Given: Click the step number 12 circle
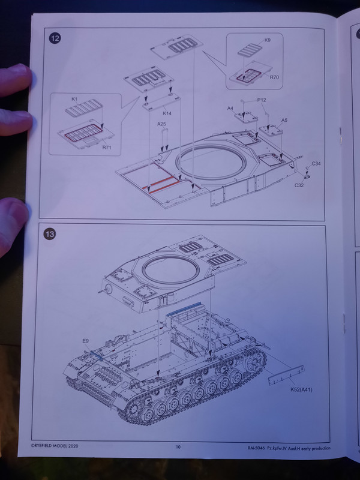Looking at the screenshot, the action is (55, 38).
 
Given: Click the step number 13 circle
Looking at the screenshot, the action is (50, 234).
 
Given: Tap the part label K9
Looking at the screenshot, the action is (267, 40).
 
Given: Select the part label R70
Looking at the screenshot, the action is (274, 77).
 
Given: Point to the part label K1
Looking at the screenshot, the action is (74, 99).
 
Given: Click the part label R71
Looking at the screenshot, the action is (107, 148).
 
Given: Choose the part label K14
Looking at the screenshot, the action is (167, 113).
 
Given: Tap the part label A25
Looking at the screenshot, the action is (161, 124).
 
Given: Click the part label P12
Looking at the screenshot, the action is (262, 100).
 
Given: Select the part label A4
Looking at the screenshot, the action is (230, 109).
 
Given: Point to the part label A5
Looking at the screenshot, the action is (284, 121).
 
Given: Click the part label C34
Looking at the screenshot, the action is (316, 164).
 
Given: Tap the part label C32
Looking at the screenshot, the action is (299, 185).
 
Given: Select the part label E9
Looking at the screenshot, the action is (85, 341).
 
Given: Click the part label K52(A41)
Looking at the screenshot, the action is (302, 389).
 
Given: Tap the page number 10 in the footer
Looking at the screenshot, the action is (178, 447).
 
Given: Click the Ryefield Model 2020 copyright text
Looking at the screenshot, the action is (55, 446).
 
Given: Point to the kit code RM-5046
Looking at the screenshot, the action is (256, 448).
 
